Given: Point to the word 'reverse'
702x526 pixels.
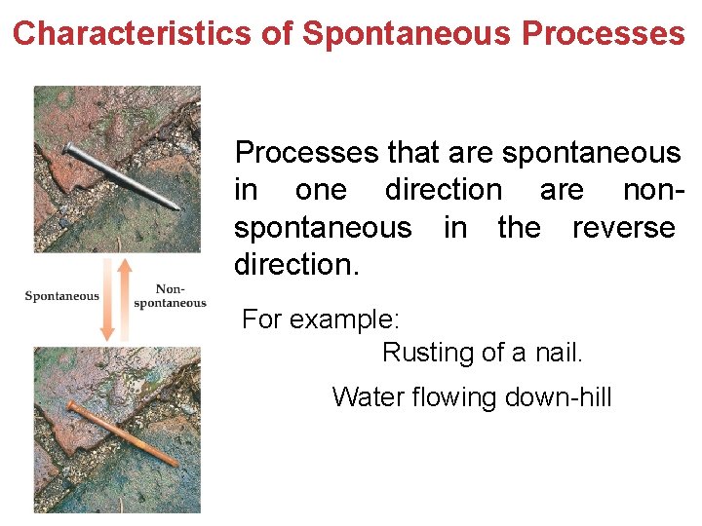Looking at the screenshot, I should click(x=623, y=228).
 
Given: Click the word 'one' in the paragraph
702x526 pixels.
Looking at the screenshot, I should click(x=321, y=190).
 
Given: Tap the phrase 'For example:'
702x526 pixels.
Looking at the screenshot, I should click(x=321, y=319).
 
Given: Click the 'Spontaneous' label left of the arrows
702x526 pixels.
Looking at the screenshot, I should click(x=61, y=296).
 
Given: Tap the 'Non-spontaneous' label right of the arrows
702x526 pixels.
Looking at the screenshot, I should click(x=170, y=296).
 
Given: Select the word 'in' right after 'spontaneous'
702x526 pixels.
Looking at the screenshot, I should click(x=455, y=228).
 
